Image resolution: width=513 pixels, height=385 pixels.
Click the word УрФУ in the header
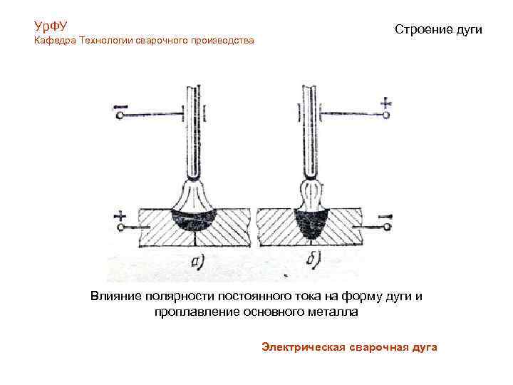[x=50, y=26]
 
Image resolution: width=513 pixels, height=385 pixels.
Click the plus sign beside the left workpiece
[x=119, y=214]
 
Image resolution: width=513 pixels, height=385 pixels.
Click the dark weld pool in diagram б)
[x=311, y=222]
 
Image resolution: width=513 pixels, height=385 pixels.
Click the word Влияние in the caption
[x=113, y=296]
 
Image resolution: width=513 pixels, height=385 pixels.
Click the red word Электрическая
[x=303, y=346]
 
